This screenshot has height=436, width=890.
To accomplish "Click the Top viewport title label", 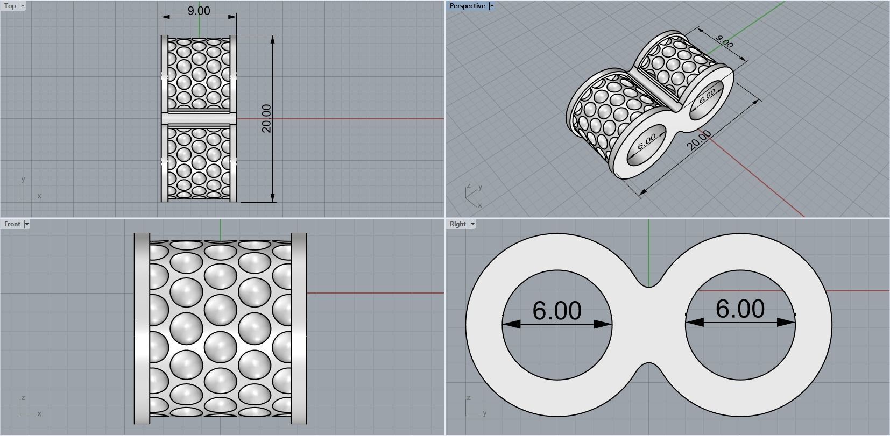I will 10,6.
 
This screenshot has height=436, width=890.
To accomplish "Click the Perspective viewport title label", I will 467,6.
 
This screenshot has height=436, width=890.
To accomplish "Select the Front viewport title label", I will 12,224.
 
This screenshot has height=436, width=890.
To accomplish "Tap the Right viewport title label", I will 457,224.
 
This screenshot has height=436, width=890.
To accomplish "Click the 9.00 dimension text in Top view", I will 199,11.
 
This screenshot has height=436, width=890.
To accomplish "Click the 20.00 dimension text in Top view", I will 266,118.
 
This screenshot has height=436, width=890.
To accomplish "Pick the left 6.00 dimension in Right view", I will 557,311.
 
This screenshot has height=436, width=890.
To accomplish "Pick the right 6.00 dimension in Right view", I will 740,309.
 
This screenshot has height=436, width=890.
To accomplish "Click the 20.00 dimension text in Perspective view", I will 700,140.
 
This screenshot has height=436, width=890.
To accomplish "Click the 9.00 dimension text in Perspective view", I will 725,41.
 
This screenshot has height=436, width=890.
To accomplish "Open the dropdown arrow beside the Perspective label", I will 491,6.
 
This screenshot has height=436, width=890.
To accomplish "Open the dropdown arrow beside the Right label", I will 472,224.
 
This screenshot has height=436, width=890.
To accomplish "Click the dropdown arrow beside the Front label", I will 27,224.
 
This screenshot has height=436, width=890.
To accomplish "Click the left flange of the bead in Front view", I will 142,328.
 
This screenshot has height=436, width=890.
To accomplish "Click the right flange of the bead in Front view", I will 299,328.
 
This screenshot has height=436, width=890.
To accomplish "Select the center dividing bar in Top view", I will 199,118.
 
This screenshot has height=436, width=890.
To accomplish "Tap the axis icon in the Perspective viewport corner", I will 472,196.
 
